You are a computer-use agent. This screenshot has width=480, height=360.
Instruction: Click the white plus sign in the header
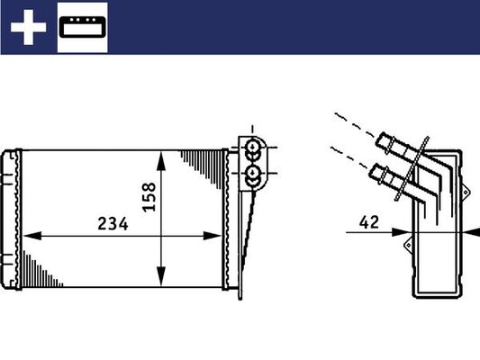28,29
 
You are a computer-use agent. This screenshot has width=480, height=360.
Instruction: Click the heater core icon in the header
83,29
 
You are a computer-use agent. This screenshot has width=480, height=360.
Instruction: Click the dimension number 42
367,220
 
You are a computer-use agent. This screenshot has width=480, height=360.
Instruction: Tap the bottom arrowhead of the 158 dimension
160,276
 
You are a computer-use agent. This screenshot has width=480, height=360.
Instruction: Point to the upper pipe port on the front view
253,147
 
